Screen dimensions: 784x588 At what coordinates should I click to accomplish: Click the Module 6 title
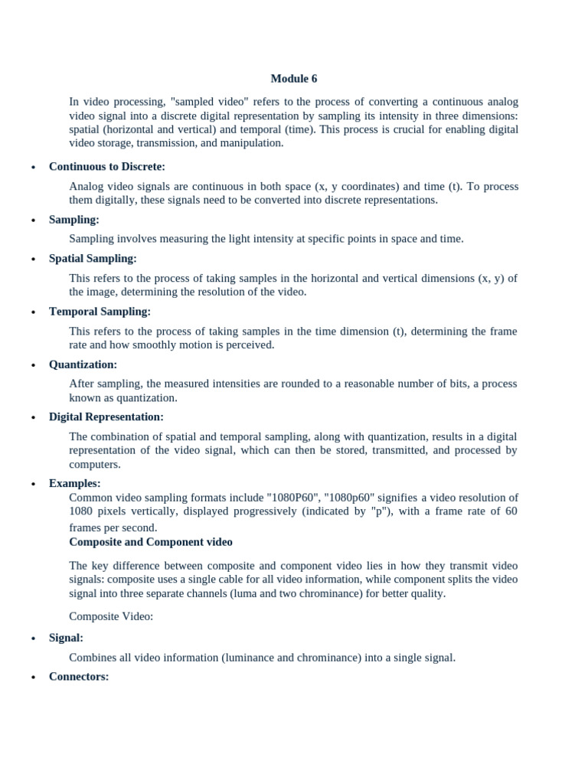click(x=294, y=79)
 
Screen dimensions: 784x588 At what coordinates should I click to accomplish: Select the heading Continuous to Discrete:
click(x=107, y=166)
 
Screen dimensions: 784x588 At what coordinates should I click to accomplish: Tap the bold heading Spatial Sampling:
click(x=93, y=259)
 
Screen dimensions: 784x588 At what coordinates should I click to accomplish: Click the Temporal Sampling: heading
click(x=100, y=312)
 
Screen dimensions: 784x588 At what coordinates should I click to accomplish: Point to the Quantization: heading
click(x=83, y=364)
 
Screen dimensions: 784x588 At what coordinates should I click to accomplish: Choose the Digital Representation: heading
click(x=106, y=417)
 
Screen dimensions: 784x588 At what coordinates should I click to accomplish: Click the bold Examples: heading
click(x=74, y=483)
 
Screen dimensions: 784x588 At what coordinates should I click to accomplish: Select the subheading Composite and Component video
click(x=151, y=542)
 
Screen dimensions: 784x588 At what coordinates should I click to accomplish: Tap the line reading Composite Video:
click(x=111, y=617)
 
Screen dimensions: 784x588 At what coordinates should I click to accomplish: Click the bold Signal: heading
click(x=66, y=638)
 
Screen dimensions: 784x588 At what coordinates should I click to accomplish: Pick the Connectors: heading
click(x=79, y=677)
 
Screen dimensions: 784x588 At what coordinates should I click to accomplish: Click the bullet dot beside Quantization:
click(x=33, y=366)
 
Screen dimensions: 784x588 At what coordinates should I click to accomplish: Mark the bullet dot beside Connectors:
click(x=33, y=678)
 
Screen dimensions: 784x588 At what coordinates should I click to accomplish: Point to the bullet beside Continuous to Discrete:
click(x=33, y=168)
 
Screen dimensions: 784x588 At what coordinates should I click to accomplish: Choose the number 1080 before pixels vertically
click(x=80, y=511)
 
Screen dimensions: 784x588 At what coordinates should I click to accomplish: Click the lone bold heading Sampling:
click(x=74, y=220)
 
